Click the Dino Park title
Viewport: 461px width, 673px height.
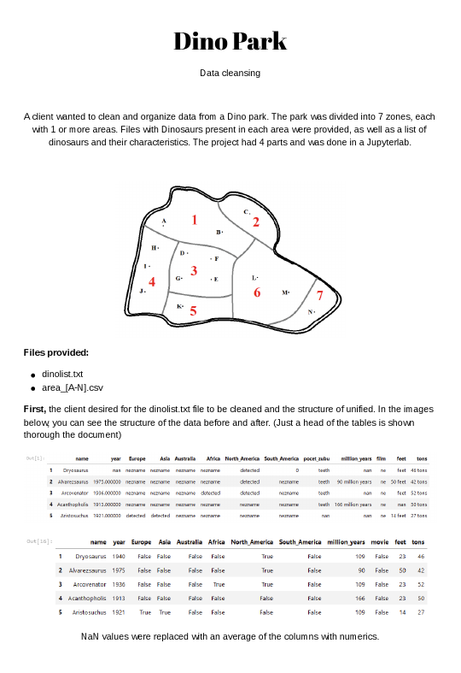[x=230, y=41]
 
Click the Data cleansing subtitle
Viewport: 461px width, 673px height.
[x=230, y=74]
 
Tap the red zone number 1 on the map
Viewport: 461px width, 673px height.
[x=195, y=220]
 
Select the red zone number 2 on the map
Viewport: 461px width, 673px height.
[x=255, y=222]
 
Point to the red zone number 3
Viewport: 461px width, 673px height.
[x=194, y=271]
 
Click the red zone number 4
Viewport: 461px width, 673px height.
[x=152, y=281]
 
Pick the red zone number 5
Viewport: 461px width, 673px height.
[x=194, y=311]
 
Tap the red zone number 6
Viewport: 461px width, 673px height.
[x=256, y=292]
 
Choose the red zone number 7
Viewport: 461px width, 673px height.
[x=320, y=296]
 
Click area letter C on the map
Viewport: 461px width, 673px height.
[x=246, y=211]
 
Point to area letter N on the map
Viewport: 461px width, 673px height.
[x=310, y=312]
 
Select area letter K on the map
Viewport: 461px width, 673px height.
[x=179, y=306]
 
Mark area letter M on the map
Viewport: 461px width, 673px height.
[x=285, y=292]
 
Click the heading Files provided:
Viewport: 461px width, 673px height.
[x=55, y=352]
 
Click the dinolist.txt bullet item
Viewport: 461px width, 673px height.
[x=62, y=375]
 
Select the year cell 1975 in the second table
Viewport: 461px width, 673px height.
[x=119, y=570]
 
